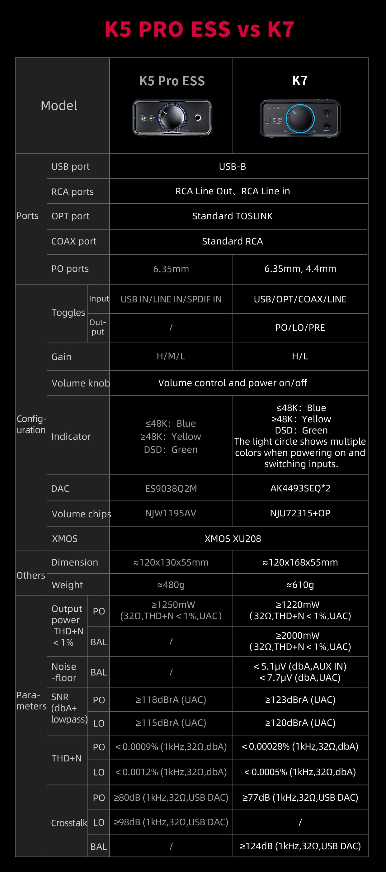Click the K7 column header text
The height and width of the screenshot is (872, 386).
(x=300, y=81)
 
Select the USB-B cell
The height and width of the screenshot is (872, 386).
(x=233, y=167)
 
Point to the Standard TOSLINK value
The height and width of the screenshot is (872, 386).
(x=233, y=216)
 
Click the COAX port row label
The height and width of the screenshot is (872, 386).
(x=74, y=241)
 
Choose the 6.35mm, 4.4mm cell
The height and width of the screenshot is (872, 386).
(x=300, y=269)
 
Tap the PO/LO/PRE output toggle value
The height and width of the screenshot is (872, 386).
(x=300, y=327)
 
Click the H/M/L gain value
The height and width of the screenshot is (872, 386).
(x=171, y=356)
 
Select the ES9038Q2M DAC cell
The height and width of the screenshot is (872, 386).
(x=171, y=488)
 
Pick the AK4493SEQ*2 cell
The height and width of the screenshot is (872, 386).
(x=300, y=488)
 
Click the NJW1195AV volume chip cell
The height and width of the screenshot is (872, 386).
(x=171, y=513)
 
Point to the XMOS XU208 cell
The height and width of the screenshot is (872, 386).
(x=233, y=538)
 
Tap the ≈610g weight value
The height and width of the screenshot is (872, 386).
(x=300, y=585)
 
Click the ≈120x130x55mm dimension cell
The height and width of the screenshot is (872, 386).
(x=171, y=562)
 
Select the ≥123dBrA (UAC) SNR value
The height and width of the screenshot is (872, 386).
(x=300, y=700)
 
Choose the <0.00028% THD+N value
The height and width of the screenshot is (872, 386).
(x=300, y=746)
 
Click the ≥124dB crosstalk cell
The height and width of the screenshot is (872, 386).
(x=300, y=846)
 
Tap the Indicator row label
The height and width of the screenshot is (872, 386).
(x=71, y=436)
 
